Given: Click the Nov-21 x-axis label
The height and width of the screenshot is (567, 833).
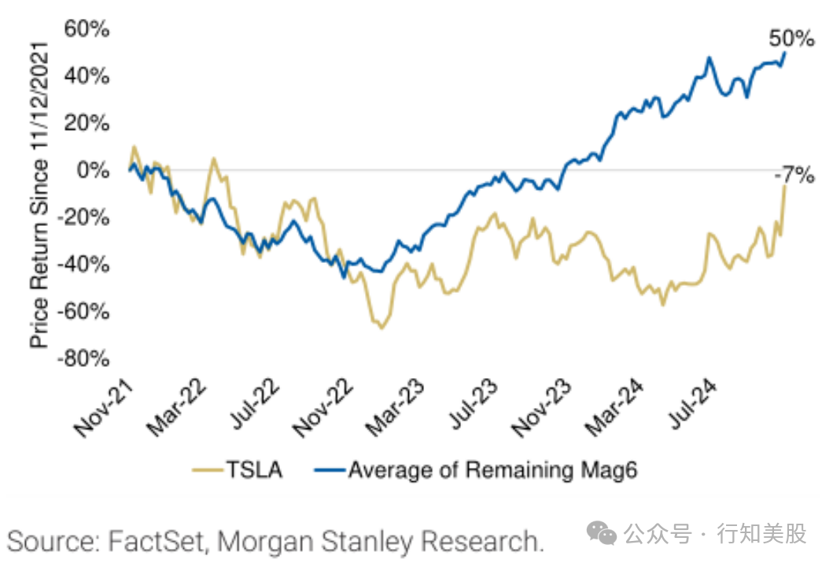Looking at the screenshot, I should (x=103, y=406).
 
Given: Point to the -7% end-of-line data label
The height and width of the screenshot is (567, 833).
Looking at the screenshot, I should (x=792, y=176).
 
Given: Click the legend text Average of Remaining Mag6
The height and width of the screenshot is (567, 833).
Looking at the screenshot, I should (x=492, y=470).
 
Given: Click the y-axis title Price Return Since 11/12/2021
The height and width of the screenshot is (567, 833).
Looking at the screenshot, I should (x=40, y=194).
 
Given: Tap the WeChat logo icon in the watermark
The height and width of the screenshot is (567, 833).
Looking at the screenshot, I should (x=606, y=535).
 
